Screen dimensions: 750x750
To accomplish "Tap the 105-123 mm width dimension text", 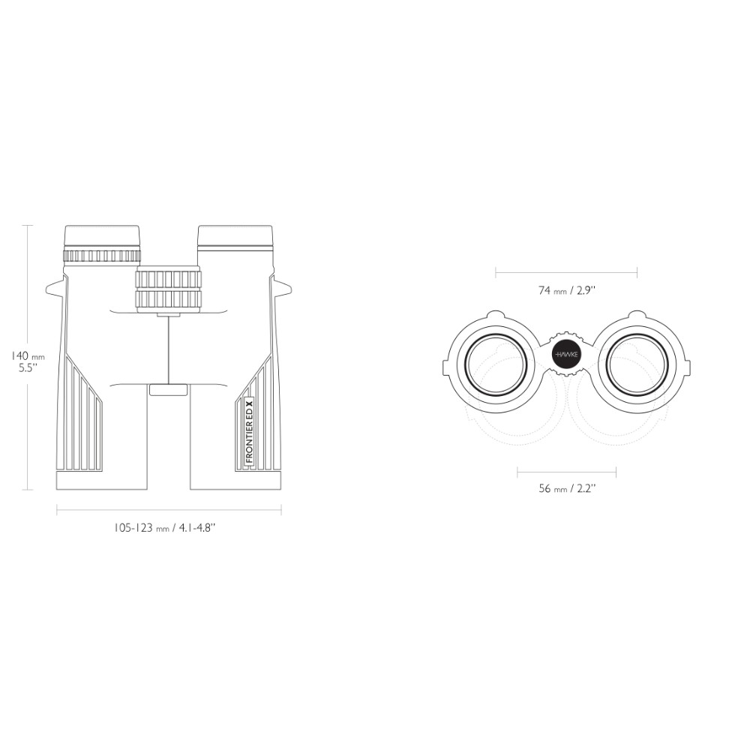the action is point(165,528).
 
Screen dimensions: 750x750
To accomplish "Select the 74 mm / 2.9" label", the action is point(567,289).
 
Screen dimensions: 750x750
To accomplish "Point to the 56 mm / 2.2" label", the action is point(567,488).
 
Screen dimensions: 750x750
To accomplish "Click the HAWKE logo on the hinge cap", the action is point(565,355).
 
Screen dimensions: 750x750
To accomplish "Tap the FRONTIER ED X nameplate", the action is point(249,430).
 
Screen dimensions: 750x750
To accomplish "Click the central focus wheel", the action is point(168,289).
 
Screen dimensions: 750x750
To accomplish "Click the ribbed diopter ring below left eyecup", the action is point(102,256).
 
